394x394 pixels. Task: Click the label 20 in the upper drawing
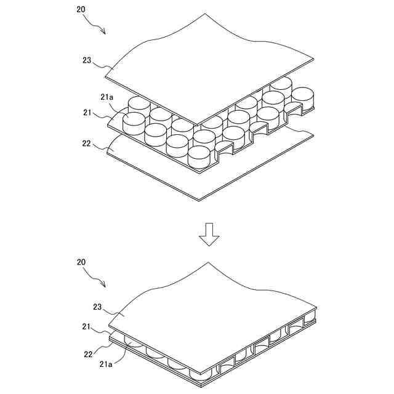pyautogui.click(x=82, y=10)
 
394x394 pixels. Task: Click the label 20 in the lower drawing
pyautogui.click(x=81, y=262)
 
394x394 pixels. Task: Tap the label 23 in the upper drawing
pyautogui.click(x=86, y=60)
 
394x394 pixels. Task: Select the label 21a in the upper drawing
pyautogui.click(x=107, y=97)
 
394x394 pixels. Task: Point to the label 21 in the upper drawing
pyautogui.click(x=87, y=113)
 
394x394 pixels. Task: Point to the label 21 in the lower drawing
pyautogui.click(x=87, y=327)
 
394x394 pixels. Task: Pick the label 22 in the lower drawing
pyautogui.click(x=87, y=353)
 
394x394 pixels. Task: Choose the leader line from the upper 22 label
pyautogui.click(x=102, y=148)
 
